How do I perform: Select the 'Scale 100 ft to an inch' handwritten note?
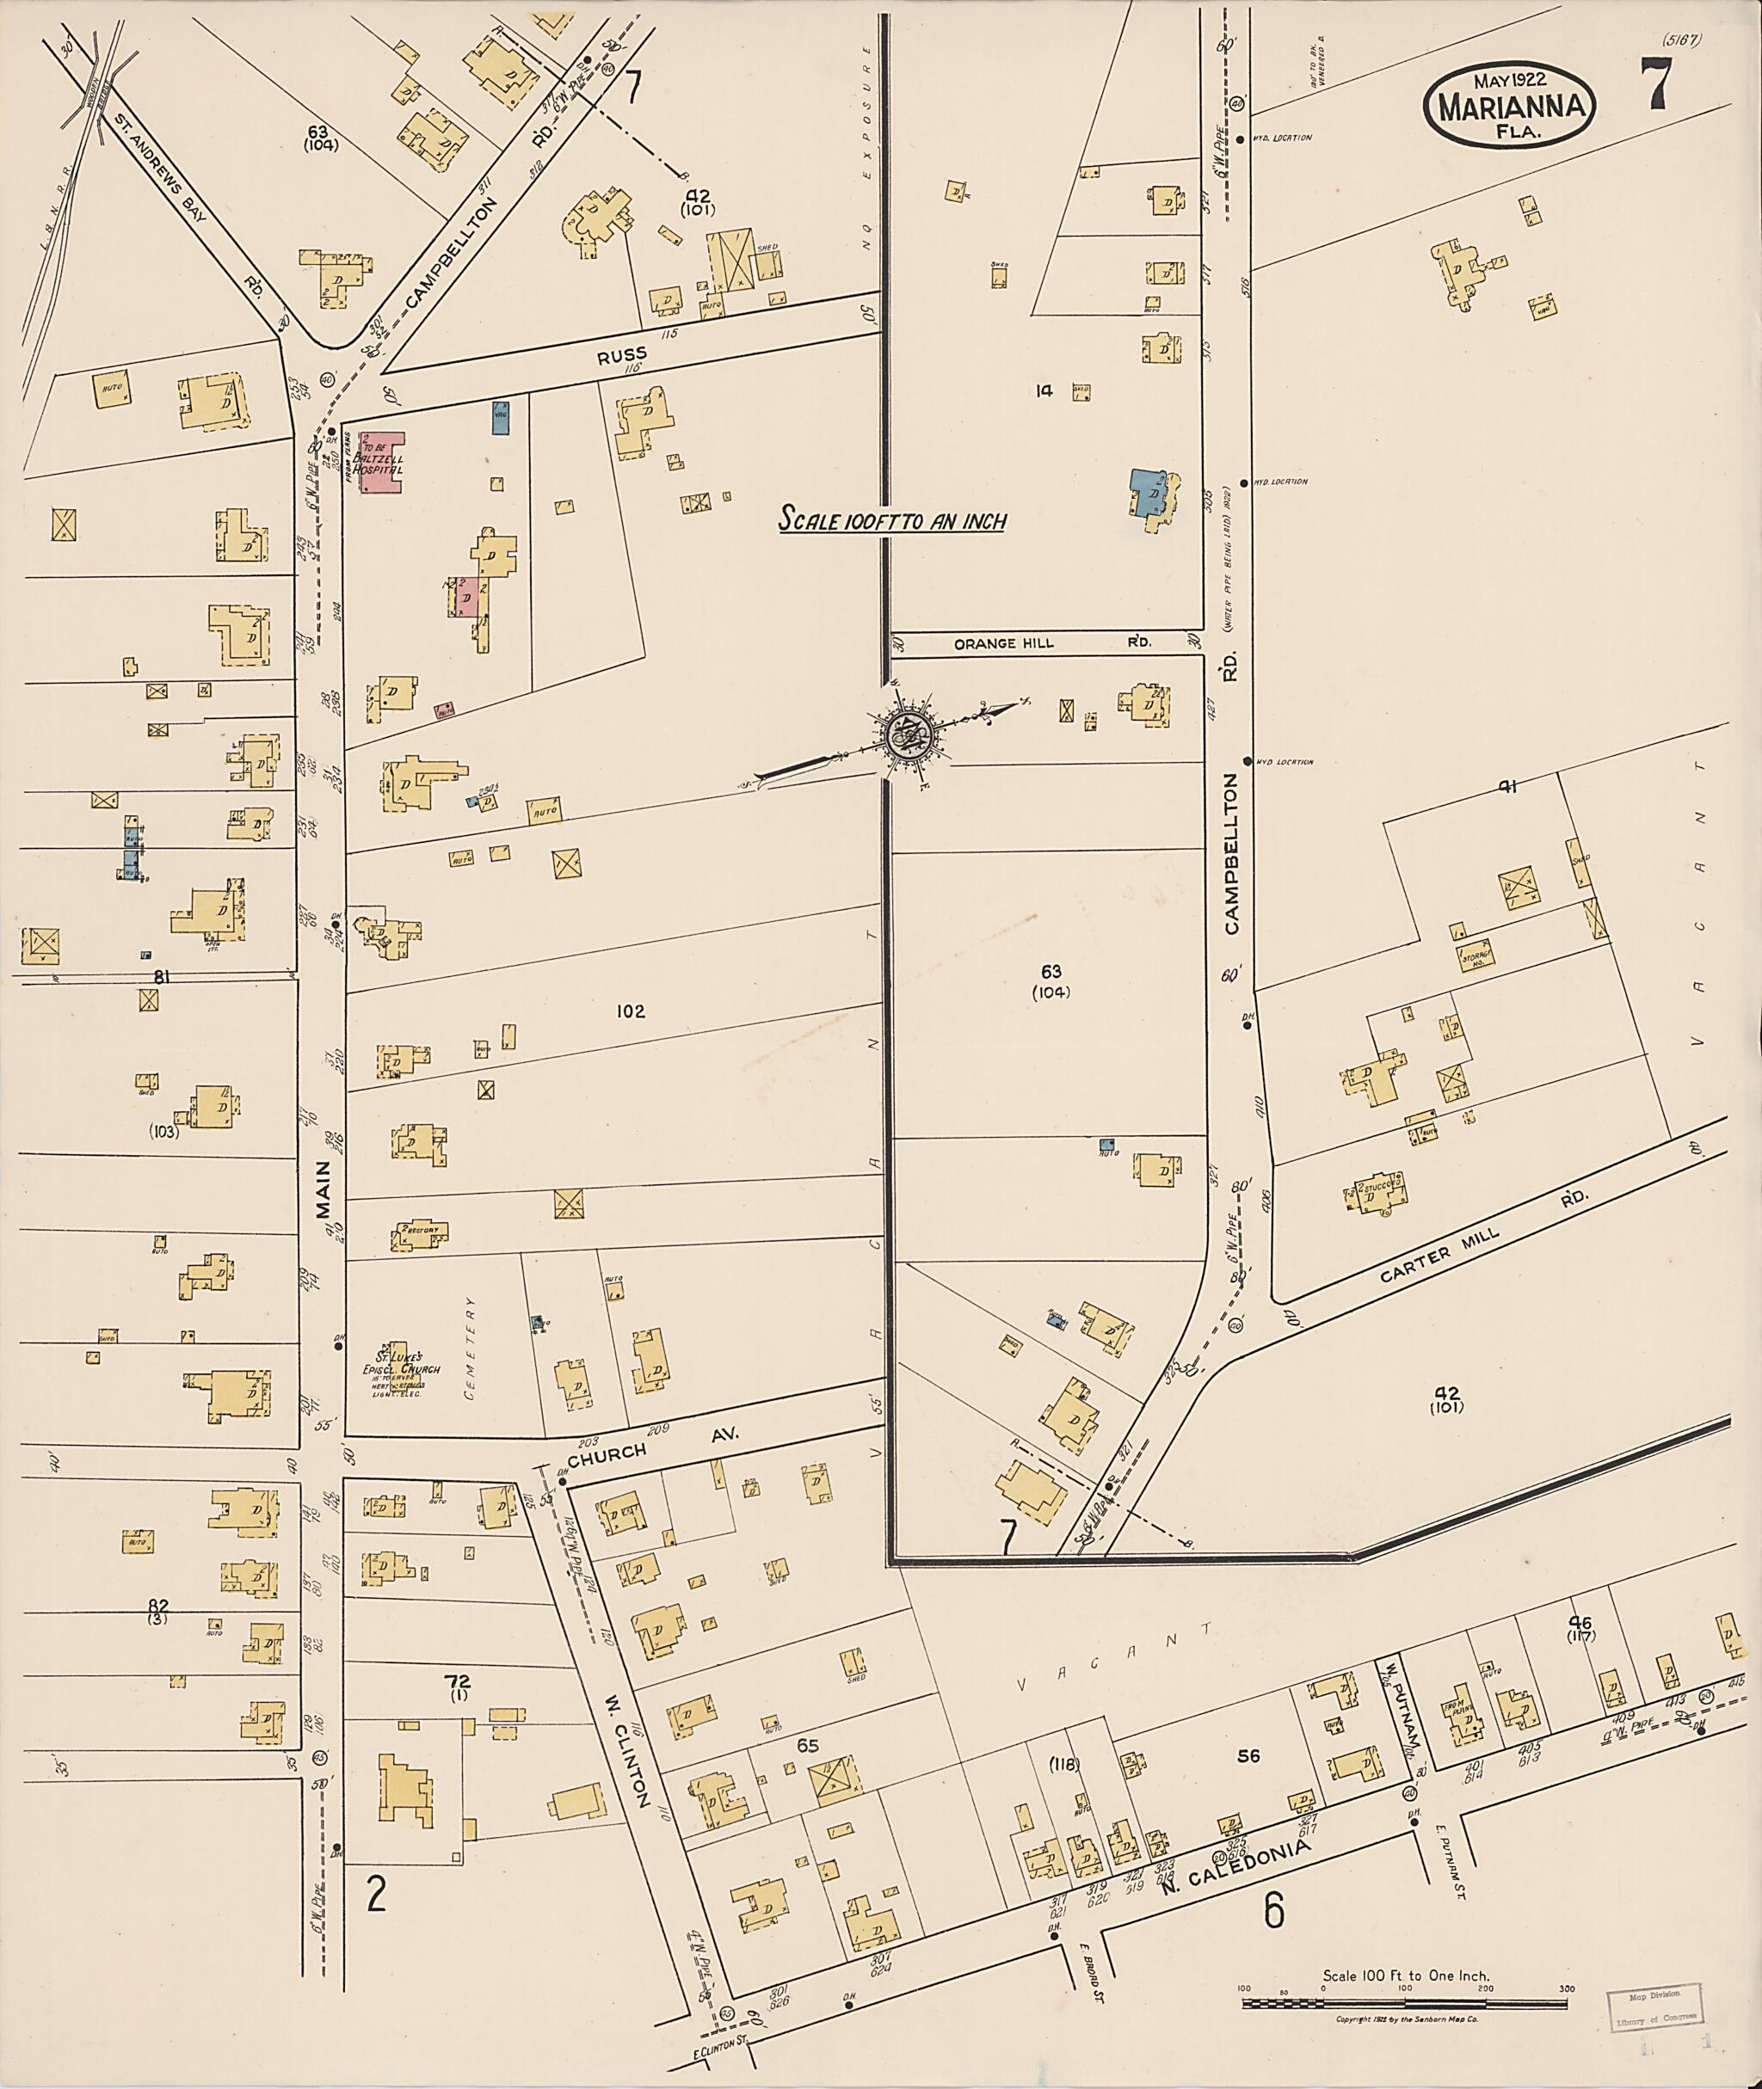893,520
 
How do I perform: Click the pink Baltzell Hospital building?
383,464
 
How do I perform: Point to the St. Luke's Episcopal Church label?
402,1376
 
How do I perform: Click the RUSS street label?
631,353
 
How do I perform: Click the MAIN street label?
323,1220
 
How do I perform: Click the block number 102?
631,1011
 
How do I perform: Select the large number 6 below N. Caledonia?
1273,1910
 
